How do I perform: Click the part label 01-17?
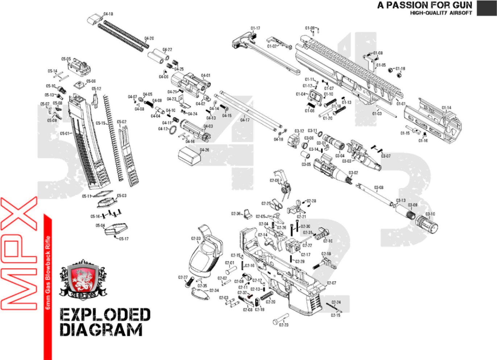[x=255, y=28]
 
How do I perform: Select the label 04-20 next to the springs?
[x=149, y=38]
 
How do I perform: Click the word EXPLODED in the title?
[x=105, y=315]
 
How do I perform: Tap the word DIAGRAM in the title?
[x=101, y=330]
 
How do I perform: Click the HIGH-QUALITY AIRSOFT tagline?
[x=441, y=13]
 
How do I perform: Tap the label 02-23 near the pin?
[x=283, y=325]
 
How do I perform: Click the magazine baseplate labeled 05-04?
[x=116, y=229]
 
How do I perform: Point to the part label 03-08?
[x=378, y=187]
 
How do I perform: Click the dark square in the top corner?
[x=486, y=8]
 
